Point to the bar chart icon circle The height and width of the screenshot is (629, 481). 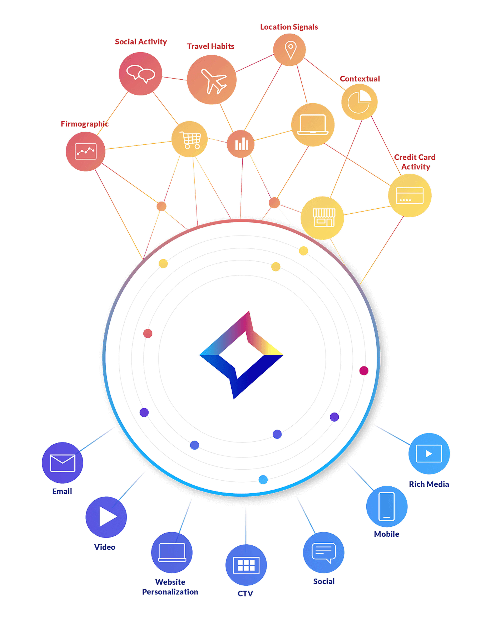point(241,144)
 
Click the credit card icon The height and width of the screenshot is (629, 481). point(409,196)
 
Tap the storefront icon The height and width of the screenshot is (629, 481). point(324,218)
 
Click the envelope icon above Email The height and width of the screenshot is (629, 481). point(62,463)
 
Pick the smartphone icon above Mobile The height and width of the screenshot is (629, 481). point(387,506)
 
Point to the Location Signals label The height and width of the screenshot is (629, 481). point(289,27)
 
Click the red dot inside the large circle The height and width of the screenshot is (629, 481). point(148,333)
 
